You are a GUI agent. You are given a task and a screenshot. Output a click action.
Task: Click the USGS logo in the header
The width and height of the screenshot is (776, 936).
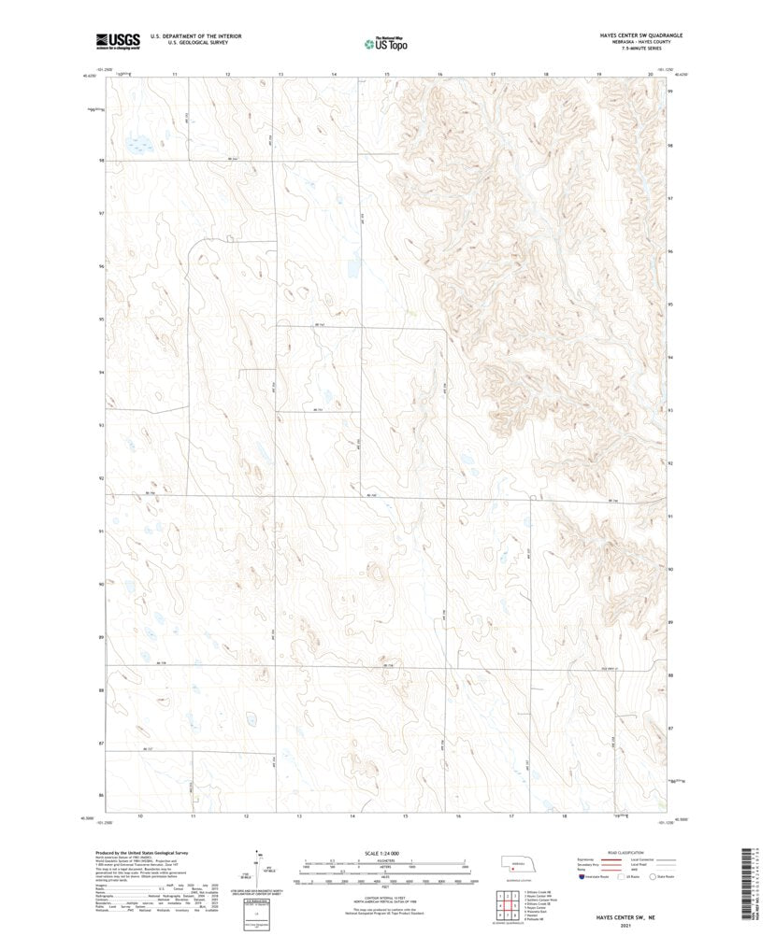click(x=117, y=40)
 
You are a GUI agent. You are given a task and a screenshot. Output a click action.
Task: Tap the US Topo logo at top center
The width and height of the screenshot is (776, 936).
click(x=385, y=41)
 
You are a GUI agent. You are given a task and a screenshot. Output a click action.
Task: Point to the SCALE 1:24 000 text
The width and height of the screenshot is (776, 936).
click(x=385, y=853)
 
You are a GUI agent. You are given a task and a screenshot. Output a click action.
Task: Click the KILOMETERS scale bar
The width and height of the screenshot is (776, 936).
click(x=385, y=861)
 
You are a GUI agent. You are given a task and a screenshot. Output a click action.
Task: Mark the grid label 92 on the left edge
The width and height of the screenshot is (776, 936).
click(x=101, y=478)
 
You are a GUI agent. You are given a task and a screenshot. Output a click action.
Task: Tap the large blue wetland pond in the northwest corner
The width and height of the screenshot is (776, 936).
click(x=139, y=147)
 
